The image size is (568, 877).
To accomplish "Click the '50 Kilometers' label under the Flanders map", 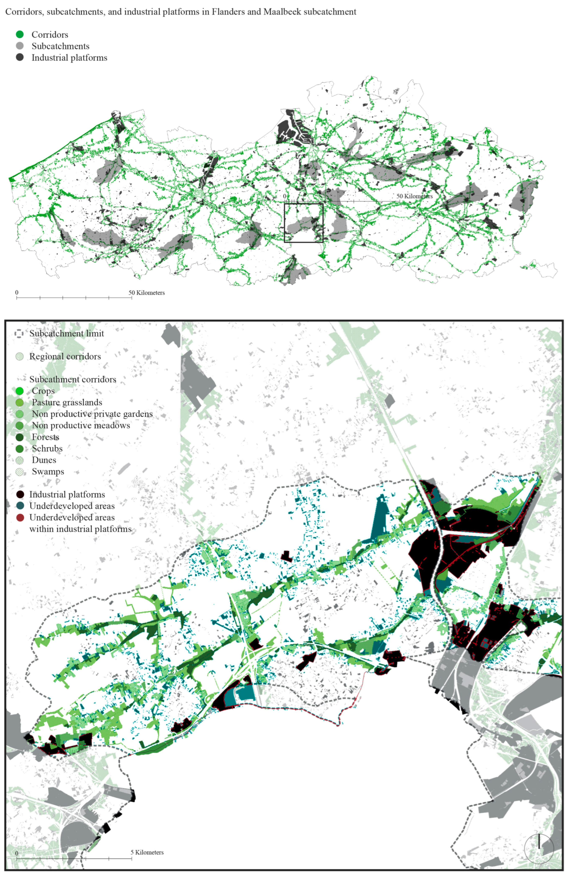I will click(x=146, y=293).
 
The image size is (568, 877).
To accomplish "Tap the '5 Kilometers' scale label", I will click(x=147, y=852).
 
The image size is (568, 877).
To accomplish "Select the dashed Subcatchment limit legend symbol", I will click(x=19, y=333).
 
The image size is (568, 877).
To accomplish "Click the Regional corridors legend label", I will click(x=65, y=356).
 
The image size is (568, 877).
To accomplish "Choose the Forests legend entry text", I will click(x=45, y=437).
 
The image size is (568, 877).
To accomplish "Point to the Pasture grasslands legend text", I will click(x=67, y=402).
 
